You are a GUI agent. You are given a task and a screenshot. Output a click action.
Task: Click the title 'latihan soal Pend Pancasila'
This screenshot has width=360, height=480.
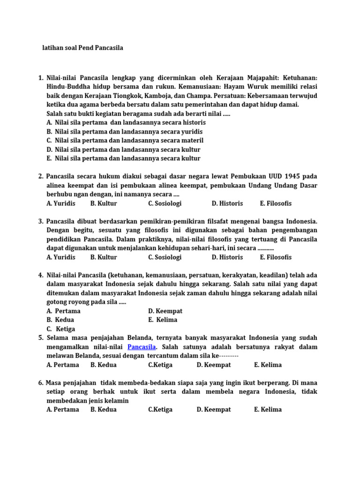click(x=82, y=48)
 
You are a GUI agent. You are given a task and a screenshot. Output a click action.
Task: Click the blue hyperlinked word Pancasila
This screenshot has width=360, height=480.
click(x=142, y=347)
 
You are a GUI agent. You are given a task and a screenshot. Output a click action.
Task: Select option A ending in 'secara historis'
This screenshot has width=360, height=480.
click(x=126, y=122)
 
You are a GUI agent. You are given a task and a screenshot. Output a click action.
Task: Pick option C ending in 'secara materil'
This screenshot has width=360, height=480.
click(x=125, y=141)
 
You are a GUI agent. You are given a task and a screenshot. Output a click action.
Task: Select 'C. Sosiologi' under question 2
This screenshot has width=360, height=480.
click(x=165, y=203)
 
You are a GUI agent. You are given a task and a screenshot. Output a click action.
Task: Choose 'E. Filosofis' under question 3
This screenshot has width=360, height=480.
click(x=276, y=257)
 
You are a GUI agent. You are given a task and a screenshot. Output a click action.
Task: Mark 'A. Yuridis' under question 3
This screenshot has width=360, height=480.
click(x=61, y=257)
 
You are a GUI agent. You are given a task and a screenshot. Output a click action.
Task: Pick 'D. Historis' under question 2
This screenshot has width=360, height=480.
click(x=227, y=203)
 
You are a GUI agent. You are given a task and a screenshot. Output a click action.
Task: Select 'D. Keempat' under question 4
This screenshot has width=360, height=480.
click(x=165, y=311)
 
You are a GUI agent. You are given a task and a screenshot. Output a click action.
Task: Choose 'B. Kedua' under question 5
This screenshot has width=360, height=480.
click(x=104, y=365)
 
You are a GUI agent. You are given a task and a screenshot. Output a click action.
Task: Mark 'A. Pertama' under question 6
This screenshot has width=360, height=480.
click(x=63, y=410)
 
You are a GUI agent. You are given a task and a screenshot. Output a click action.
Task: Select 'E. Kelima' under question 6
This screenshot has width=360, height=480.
click(x=268, y=410)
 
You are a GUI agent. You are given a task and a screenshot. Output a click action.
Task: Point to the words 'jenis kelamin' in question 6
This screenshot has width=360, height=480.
click(x=109, y=401)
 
